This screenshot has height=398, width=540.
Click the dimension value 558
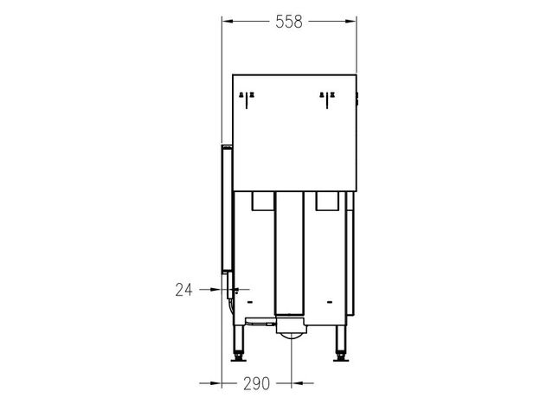pos(289,22)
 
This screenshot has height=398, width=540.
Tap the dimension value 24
pos(183,290)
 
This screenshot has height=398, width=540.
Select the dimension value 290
pos(256,383)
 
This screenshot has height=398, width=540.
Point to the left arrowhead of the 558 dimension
pos(228,22)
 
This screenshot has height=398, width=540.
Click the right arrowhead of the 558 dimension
pos(350,22)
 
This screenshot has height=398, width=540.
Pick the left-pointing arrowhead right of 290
pos(298,382)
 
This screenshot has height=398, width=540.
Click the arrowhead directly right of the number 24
pos(215,290)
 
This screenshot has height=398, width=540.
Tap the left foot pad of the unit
pos(238,360)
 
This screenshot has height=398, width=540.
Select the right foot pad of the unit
pos(341,360)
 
